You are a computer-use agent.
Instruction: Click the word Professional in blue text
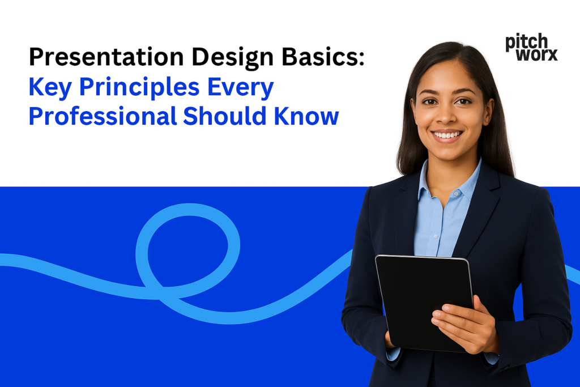103,116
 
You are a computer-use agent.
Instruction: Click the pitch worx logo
531,48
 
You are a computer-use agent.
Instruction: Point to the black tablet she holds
424,300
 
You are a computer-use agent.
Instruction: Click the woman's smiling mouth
447,135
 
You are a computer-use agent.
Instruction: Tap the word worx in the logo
539,54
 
